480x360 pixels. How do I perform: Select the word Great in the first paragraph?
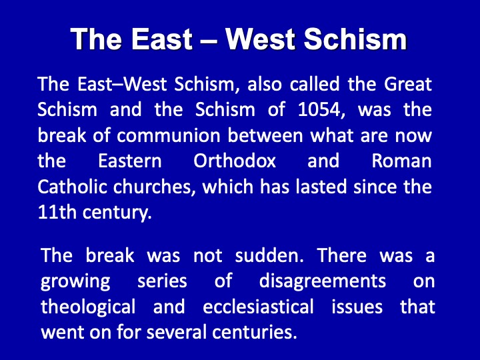pos(408,83)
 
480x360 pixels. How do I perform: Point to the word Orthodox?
pos(235,161)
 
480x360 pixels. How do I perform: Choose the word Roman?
pos(401,161)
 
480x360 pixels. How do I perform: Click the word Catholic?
pos(72,187)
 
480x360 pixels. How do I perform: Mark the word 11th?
pos(57,212)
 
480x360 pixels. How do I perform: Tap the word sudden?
pos(269,255)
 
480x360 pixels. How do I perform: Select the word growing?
pos(75,281)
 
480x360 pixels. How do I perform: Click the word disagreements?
pos(323,281)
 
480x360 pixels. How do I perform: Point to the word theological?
pos(88,307)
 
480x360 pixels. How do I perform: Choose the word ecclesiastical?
pos(258,307)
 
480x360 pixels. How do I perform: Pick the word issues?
pos(357,307)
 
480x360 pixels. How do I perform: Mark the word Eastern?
pos(130,161)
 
